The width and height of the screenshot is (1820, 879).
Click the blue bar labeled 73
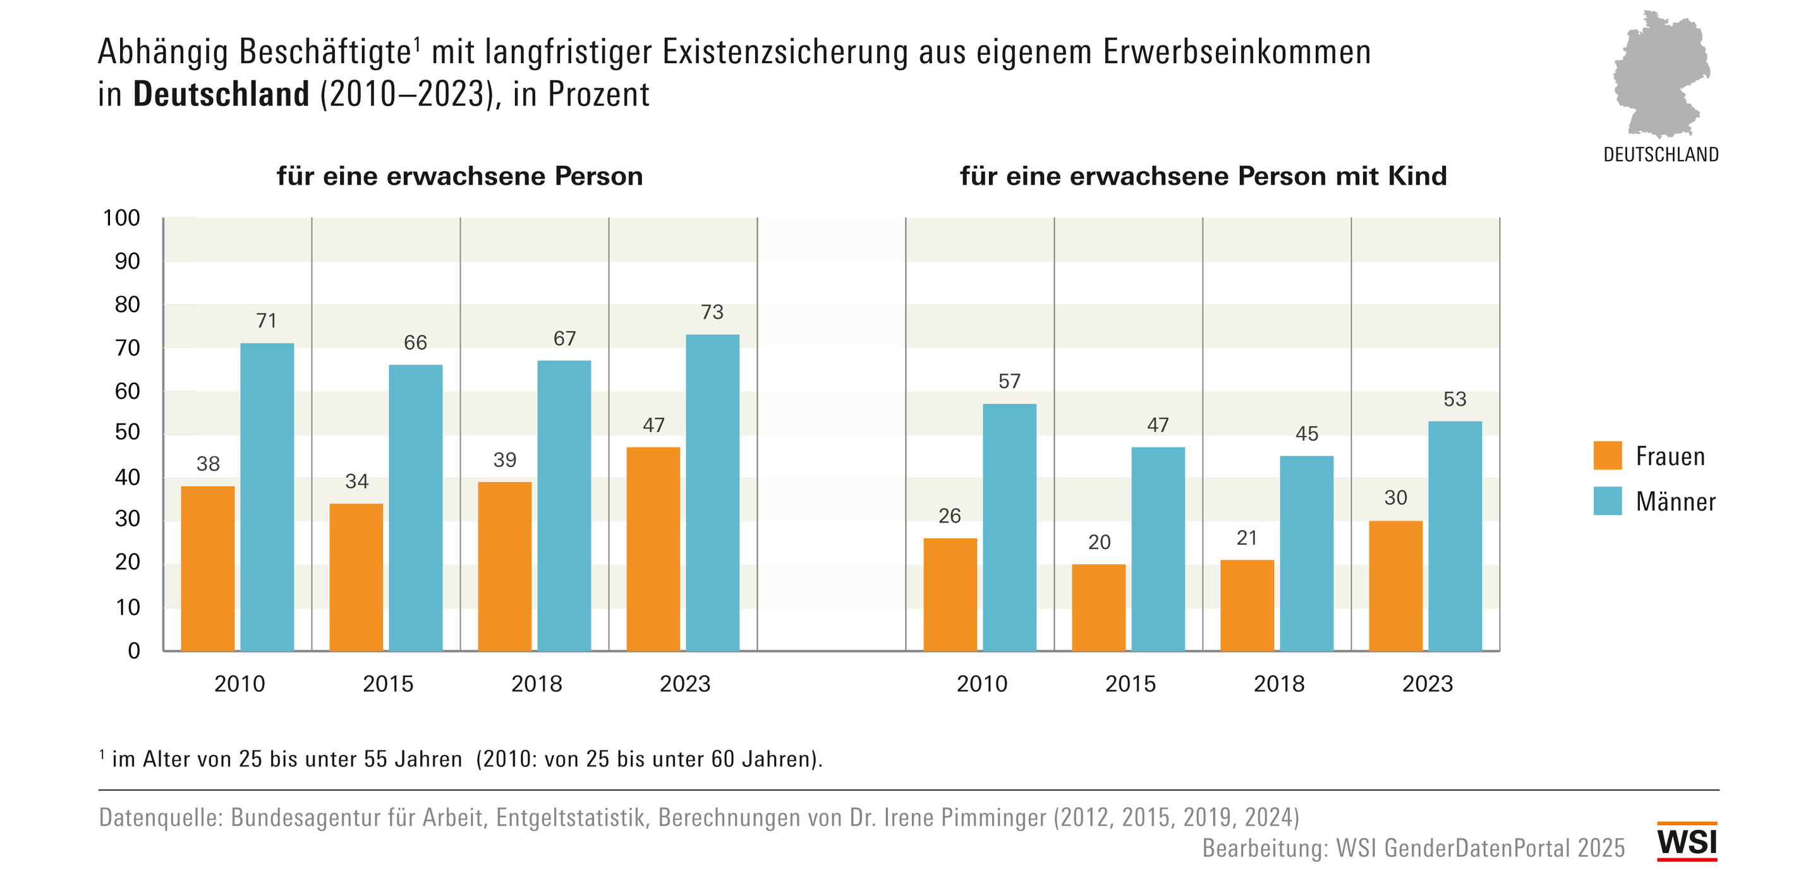tap(712, 492)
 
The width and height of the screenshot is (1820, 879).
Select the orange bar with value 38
tap(208, 568)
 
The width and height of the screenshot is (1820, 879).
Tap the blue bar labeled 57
tap(1009, 527)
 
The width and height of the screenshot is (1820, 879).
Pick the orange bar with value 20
tap(1099, 607)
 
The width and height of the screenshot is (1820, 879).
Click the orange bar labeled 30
tap(1395, 586)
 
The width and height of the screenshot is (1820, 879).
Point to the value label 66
tap(415, 343)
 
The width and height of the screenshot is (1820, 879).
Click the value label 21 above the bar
tap(1247, 538)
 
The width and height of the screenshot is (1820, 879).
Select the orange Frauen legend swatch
tap(1607, 456)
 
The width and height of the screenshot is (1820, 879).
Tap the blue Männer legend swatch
tap(1607, 501)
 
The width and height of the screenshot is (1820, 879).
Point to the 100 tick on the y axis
tap(121, 219)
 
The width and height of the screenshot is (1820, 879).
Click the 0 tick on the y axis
tap(133, 651)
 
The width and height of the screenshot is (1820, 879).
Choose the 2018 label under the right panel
tap(1279, 684)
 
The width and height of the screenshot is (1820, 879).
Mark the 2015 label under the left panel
tap(388, 684)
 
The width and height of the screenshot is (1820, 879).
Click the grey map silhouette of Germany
tap(1660, 74)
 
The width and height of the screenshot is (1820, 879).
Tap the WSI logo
tap(1687, 842)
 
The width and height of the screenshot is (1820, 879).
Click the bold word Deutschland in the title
tap(221, 95)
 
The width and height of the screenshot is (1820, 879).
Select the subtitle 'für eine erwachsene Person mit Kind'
tap(1203, 176)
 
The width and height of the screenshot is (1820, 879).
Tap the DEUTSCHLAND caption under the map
tap(1660, 155)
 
